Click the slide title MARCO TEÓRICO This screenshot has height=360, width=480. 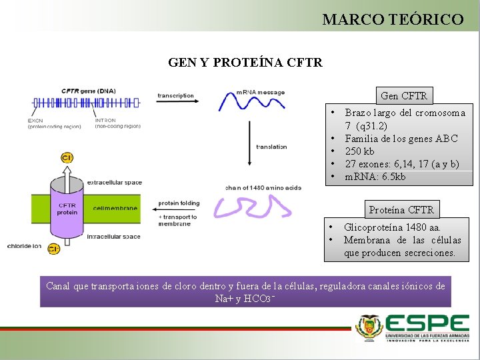coord(393,19)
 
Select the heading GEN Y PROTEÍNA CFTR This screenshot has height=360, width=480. coord(245,63)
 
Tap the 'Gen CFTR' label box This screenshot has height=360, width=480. coord(404,96)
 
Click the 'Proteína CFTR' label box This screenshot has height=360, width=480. coord(401,210)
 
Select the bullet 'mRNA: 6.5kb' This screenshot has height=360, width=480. coord(375,177)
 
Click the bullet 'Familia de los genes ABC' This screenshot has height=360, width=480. coord(401,139)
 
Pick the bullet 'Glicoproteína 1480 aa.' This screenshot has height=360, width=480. coord(392,227)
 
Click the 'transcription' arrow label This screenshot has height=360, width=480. coord(175,95)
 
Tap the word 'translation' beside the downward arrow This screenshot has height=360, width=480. coord(272,147)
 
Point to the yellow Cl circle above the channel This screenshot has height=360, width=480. coord(67,158)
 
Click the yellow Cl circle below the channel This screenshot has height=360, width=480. coord(54,249)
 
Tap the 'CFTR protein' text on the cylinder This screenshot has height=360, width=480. coord(67,209)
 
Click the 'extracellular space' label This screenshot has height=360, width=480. coord(118,182)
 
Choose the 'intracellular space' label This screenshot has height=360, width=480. coord(117,237)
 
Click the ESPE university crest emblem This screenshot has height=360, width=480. coord(368,328)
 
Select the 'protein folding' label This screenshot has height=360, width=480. coord(178,203)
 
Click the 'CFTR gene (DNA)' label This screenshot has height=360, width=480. coord(88,91)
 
